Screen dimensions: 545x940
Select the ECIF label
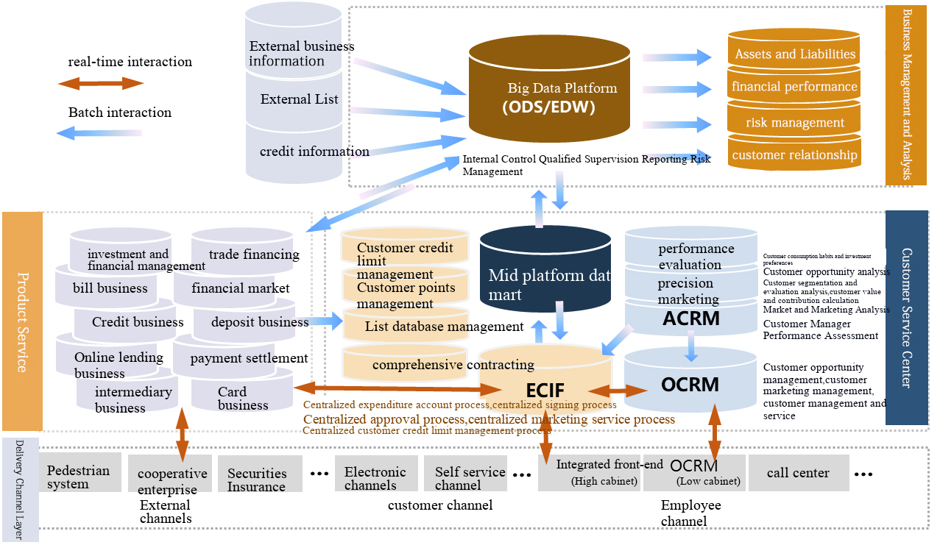pos(545,390)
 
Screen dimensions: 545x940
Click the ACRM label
pos(690,318)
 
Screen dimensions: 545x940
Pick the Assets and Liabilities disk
pos(794,54)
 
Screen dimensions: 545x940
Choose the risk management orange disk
pos(794,122)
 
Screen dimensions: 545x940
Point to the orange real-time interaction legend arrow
pos(101,84)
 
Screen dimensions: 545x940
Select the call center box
pos(797,473)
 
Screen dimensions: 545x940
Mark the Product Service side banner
pos(22,321)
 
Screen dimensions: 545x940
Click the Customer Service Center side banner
pos(907,318)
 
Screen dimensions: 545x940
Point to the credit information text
pos(314,152)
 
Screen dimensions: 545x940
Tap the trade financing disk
pos(243,254)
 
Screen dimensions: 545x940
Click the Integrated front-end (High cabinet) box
pos(590,473)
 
